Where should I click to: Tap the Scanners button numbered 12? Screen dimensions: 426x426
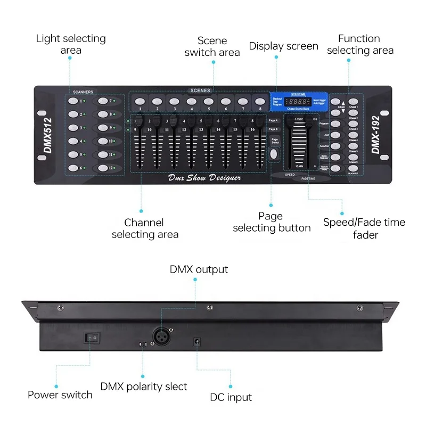[x=101, y=168]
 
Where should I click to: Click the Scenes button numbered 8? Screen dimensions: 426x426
[x=259, y=100]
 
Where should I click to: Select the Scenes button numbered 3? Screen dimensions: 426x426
[x=174, y=100]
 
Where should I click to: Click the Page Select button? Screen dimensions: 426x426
[x=274, y=154]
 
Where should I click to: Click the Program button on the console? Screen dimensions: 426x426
[x=335, y=123]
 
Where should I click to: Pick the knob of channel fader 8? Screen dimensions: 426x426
[x=260, y=121]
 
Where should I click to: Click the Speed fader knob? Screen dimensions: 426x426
[x=291, y=121]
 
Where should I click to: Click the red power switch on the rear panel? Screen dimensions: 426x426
[x=91, y=338]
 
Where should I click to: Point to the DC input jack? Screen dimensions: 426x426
[x=197, y=341]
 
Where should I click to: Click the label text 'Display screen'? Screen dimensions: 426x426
[x=283, y=46]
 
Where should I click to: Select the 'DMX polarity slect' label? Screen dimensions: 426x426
[x=144, y=386]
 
